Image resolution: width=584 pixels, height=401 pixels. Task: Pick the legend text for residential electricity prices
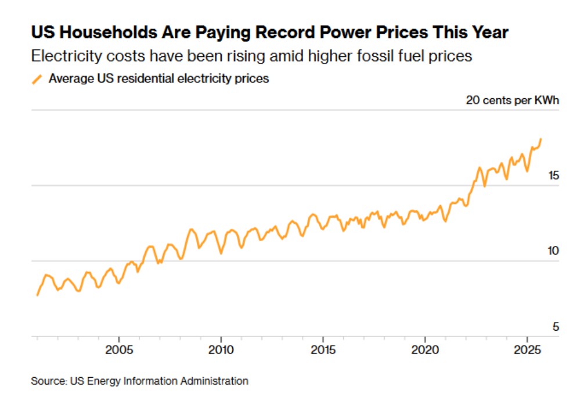point(158,78)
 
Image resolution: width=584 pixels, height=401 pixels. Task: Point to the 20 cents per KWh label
point(512,100)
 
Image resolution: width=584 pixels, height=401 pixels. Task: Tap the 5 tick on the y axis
point(556,327)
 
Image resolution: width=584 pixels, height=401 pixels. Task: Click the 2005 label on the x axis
point(118,350)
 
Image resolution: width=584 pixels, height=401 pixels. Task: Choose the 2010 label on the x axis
point(221,350)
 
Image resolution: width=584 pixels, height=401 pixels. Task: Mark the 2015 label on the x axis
point(323,350)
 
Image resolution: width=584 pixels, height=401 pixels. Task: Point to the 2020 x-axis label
point(425,350)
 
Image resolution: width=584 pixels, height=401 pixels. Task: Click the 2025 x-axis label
point(527,350)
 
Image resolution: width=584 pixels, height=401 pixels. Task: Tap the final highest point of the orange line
point(541,139)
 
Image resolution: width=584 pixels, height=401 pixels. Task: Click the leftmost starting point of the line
point(37,295)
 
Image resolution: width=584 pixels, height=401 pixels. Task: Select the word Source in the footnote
point(48,381)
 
